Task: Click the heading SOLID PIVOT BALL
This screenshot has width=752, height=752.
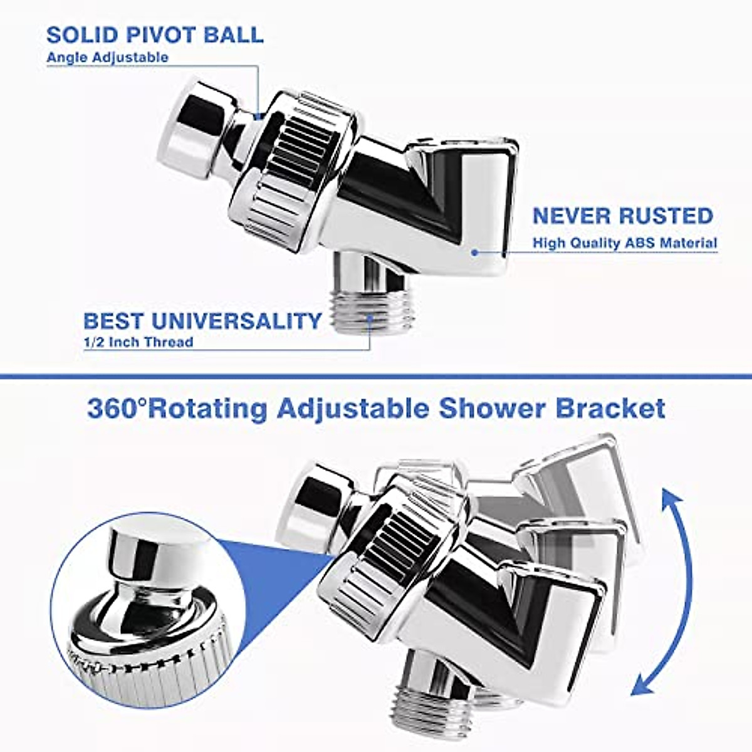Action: pyautogui.click(x=155, y=34)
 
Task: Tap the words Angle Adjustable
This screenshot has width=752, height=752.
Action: pyautogui.click(x=107, y=58)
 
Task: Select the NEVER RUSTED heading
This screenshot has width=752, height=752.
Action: pyautogui.click(x=622, y=216)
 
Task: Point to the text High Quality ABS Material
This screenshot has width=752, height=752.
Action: pyautogui.click(x=625, y=243)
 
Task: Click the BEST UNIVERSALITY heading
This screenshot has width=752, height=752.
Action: pyautogui.click(x=202, y=321)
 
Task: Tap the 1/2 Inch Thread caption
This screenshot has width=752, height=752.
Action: pyautogui.click(x=138, y=342)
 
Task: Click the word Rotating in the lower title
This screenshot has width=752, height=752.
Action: pyautogui.click(x=209, y=409)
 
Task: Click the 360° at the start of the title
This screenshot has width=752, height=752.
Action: pyautogui.click(x=117, y=409)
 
